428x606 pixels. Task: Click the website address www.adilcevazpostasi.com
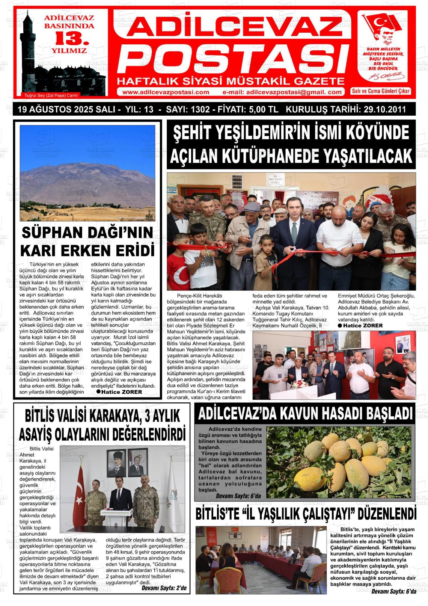166,92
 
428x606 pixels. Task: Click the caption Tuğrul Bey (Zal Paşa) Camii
51,95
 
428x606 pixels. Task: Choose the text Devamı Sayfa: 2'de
164,588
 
